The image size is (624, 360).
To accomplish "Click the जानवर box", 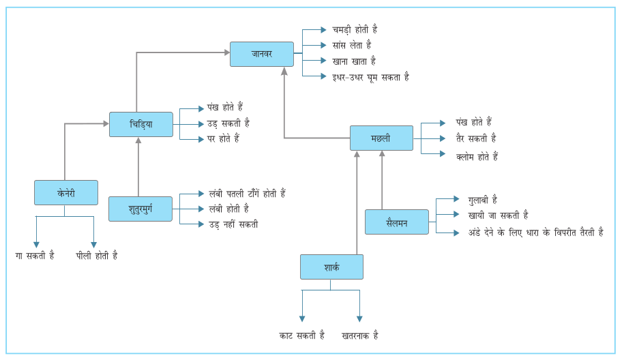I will [x=261, y=54].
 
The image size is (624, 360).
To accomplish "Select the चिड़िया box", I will [x=140, y=124].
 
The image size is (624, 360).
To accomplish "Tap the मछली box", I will [x=381, y=138].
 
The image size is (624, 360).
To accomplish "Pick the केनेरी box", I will [x=65, y=192].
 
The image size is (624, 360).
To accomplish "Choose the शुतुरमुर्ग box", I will [x=140, y=209].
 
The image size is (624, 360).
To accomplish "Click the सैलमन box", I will [x=396, y=222].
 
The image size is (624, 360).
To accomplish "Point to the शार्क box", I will [x=331, y=267].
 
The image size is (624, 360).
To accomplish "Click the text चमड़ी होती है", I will [x=355, y=30].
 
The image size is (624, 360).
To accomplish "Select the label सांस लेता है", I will [x=351, y=45].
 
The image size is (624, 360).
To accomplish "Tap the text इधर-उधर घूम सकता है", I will [x=370, y=77].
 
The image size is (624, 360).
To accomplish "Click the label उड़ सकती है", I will [x=228, y=123].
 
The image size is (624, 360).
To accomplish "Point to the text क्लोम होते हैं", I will [x=477, y=157].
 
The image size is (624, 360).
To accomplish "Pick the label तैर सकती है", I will [x=475, y=138].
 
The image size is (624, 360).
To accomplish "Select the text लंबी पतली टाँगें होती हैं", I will [x=246, y=194].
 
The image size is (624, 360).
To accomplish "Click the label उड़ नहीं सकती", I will [x=233, y=224].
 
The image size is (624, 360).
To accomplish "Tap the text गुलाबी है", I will [x=482, y=200].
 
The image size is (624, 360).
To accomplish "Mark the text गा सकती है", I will [x=35, y=256].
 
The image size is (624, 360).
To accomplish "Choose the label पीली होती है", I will [x=96, y=256].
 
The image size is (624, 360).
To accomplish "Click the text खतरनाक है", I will [x=359, y=335].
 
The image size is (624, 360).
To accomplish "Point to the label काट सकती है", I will [x=301, y=335].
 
